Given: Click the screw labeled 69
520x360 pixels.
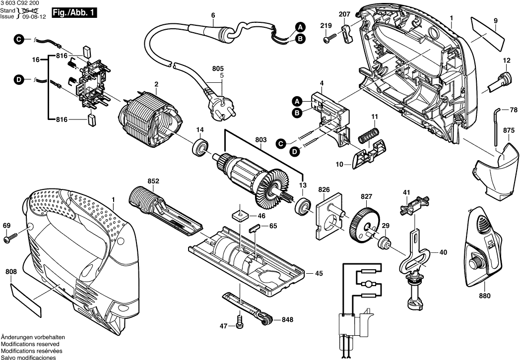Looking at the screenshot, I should coord(10,239).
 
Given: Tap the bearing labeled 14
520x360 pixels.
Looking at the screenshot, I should coord(200,147).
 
